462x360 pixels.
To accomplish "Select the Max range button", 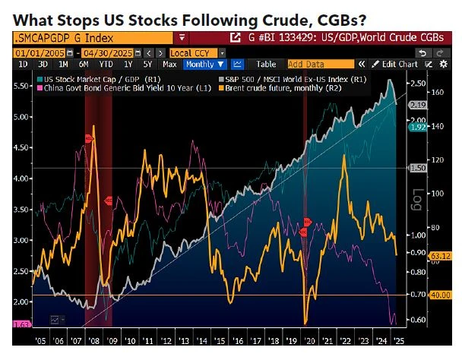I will pos(170,64).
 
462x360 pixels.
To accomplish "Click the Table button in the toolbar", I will pos(266,64).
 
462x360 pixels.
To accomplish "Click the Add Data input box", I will pos(312,64).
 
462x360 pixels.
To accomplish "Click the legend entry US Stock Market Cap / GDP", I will pos(92,78).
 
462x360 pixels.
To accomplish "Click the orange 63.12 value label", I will pos(441,256).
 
